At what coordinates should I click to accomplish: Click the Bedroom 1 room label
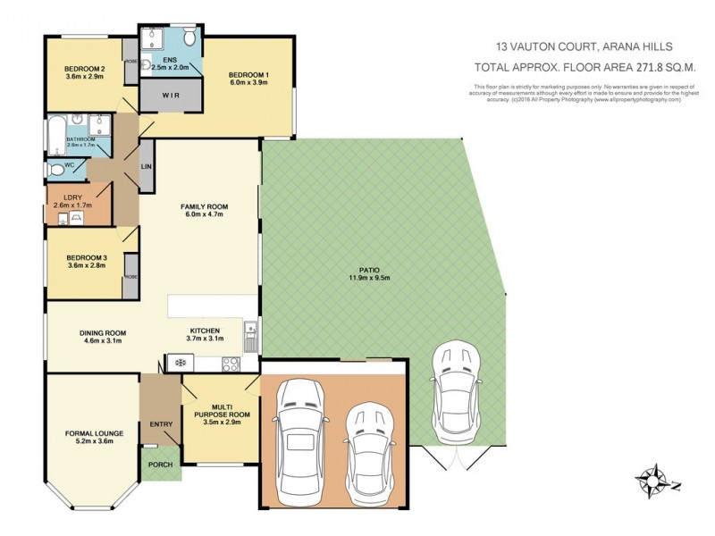point(248,74)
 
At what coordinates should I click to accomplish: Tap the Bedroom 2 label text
point(85,69)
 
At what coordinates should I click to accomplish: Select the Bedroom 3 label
point(85,258)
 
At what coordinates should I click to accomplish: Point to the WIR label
point(171,94)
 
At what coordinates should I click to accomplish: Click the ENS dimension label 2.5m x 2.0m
point(171,67)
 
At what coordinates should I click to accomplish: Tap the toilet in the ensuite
point(189,38)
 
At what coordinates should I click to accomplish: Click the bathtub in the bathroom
point(55,134)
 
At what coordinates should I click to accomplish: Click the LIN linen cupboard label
point(146,167)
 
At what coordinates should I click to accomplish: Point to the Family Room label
point(206,206)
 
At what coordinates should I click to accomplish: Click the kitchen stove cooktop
point(229,364)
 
